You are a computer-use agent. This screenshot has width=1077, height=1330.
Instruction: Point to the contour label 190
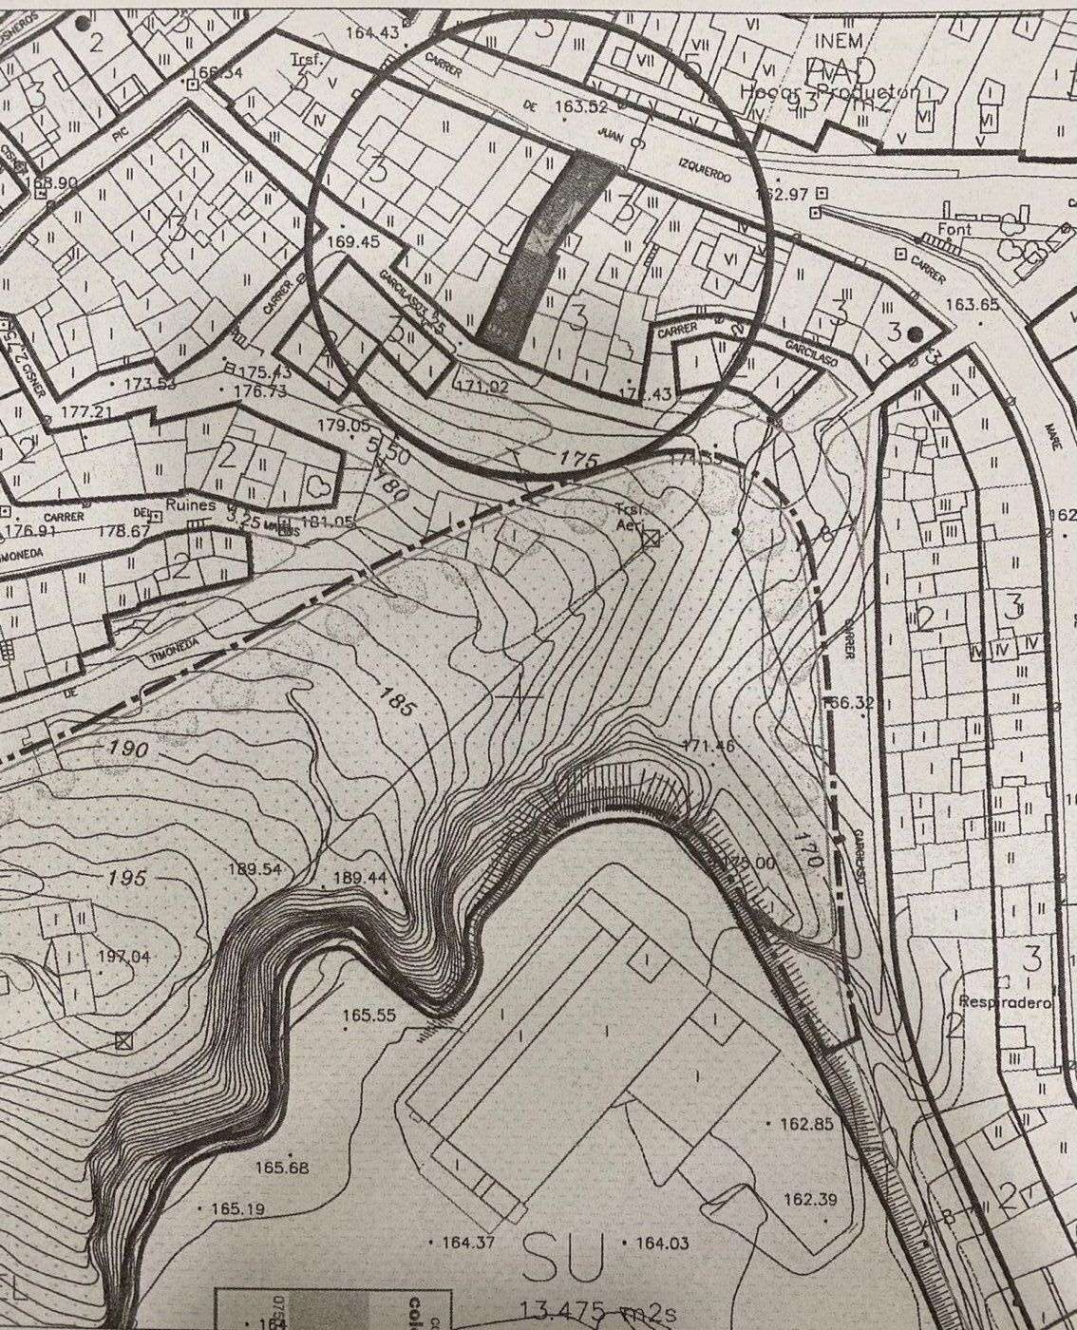click(127, 750)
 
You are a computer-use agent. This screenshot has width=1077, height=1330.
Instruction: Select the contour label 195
click(126, 878)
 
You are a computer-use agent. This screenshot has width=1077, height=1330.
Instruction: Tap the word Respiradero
click(1003, 1002)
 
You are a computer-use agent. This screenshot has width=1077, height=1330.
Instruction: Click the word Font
click(954, 230)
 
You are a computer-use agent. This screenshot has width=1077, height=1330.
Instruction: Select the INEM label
click(839, 41)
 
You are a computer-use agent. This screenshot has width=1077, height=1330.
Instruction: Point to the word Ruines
click(191, 506)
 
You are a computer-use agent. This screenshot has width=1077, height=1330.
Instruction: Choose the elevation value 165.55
click(368, 1016)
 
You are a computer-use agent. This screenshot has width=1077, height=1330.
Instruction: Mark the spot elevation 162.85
click(806, 1124)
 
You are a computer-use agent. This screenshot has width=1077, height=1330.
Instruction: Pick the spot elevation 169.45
click(352, 242)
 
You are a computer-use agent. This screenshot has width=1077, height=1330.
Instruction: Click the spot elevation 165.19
click(237, 1209)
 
